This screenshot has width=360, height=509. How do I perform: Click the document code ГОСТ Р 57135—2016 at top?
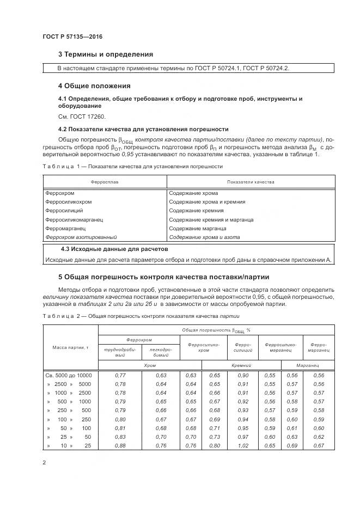(x=72, y=37)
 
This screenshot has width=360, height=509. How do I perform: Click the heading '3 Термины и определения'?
(x=105, y=54)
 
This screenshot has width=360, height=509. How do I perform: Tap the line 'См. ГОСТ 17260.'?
(x=81, y=116)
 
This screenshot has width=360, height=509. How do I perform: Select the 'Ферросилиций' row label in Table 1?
(x=64, y=211)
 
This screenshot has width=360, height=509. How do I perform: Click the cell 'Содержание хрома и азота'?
(x=204, y=237)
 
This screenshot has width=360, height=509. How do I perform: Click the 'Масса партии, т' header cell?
(x=70, y=347)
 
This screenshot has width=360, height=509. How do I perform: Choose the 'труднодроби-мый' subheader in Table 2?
(x=119, y=352)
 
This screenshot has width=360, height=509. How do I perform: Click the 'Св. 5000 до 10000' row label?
(x=69, y=376)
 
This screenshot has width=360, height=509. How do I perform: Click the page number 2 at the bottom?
(x=45, y=463)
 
